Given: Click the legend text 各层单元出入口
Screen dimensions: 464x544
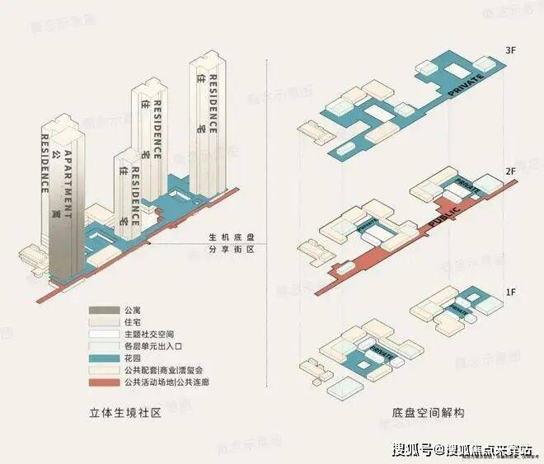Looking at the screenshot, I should (x=142, y=347).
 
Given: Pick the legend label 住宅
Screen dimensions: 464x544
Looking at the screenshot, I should (x=124, y=324).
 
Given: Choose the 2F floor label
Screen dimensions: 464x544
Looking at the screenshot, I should (x=510, y=171).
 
